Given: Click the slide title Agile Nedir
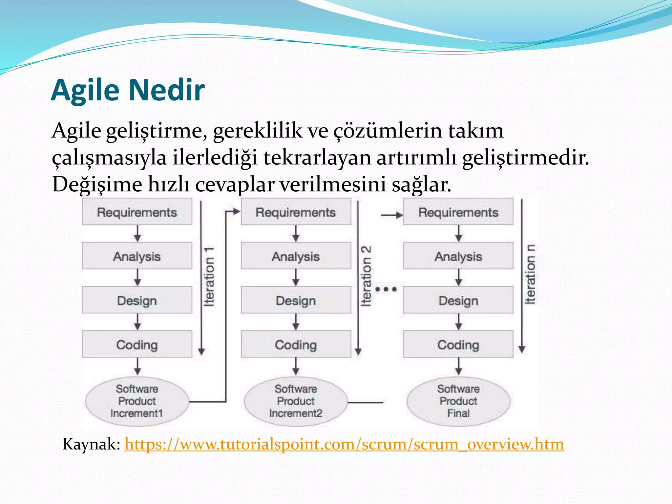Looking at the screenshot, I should [x=128, y=90].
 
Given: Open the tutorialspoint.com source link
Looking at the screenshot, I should [x=344, y=444].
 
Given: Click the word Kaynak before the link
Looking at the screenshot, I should [x=91, y=444].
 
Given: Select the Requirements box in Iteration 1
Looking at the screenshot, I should [x=137, y=212].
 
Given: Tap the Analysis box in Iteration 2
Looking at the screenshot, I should [x=296, y=256].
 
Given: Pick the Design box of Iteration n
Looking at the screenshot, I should [x=458, y=300].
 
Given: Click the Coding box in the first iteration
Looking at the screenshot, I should [x=137, y=345].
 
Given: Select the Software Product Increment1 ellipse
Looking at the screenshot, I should [x=137, y=401].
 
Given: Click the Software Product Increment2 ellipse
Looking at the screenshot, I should [x=296, y=401].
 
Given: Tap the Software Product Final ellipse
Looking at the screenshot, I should [x=458, y=401].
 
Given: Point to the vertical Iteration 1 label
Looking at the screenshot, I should [x=209, y=277].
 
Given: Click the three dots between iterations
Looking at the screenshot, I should [x=386, y=289].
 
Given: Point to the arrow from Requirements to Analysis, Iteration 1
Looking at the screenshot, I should [x=137, y=234].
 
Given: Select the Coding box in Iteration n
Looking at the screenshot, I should [x=458, y=345].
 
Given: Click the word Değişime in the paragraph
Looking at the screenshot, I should [x=97, y=185].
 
